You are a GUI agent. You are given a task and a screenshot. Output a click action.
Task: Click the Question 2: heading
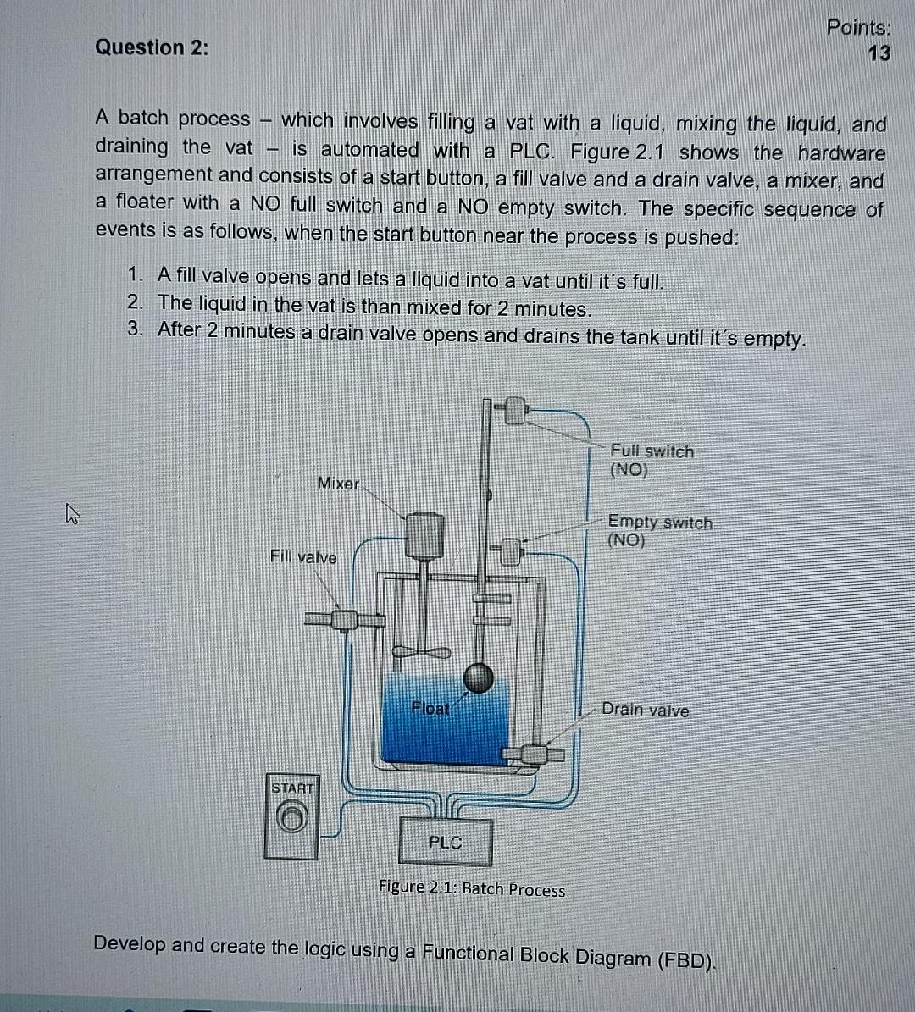[152, 47]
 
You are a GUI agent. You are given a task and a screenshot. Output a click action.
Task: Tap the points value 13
[879, 53]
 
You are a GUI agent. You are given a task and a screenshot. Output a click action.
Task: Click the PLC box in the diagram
[445, 842]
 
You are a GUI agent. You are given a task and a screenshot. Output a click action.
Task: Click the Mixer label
[337, 484]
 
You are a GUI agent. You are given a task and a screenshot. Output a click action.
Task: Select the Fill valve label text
[303, 557]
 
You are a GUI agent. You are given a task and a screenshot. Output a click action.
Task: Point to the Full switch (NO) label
[652, 461]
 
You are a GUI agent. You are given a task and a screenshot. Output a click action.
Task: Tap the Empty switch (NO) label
[659, 532]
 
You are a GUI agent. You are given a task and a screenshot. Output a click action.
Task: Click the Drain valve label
[645, 711]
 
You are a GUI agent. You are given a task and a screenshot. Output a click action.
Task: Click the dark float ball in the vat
[478, 677]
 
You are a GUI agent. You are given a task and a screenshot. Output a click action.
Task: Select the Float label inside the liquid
[430, 708]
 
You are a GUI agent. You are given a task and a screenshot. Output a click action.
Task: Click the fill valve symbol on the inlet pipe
[343, 620]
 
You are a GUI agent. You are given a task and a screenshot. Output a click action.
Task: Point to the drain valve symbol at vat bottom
[534, 753]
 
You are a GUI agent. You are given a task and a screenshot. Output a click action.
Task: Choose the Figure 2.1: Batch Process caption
[472, 889]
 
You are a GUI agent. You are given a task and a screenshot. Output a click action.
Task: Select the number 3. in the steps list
[136, 329]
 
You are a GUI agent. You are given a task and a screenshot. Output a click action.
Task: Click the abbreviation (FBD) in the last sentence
[685, 960]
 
